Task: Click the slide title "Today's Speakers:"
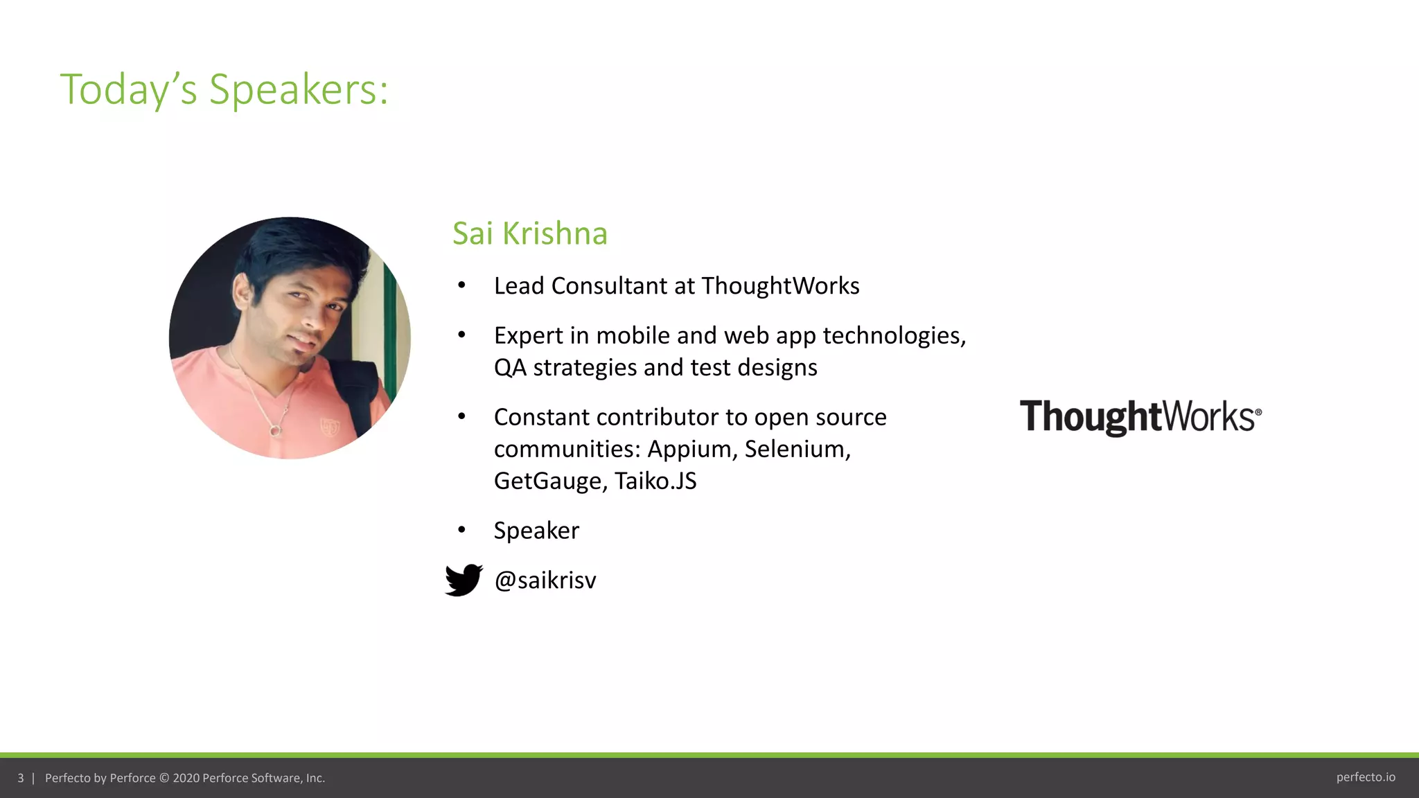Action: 224,89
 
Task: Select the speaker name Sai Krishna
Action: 529,233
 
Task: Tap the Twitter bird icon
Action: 464,580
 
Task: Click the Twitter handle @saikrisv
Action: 545,580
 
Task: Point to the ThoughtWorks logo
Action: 1140,417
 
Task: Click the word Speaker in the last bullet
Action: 536,531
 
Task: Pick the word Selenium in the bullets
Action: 797,449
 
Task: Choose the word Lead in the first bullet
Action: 519,285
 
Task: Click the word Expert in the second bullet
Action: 528,335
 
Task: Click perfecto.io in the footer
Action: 1365,777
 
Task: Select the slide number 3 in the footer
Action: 21,778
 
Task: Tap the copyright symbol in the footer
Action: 164,778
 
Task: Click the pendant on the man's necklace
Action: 275,431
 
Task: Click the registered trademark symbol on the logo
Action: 1258,411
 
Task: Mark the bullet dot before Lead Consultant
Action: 461,285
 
